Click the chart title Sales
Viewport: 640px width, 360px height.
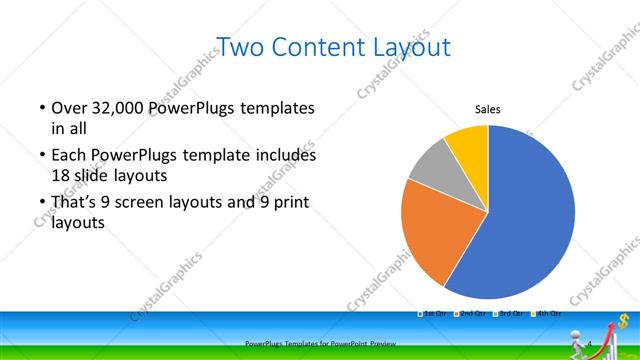487,110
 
